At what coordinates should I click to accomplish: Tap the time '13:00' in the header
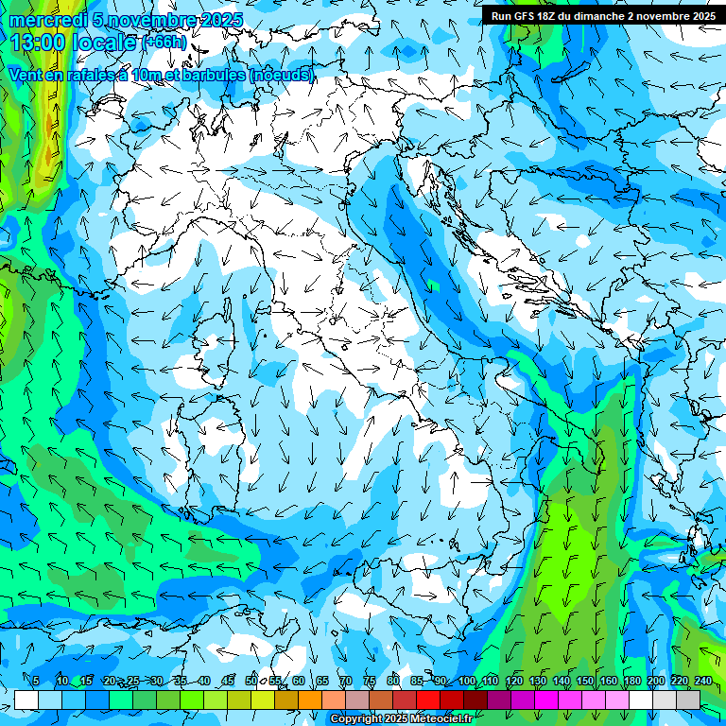tap(40, 43)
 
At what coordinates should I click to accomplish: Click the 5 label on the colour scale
tap(36, 681)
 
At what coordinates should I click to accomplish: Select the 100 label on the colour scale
tap(466, 681)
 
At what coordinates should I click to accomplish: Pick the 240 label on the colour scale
tap(703, 681)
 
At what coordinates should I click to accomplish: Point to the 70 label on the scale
tap(346, 681)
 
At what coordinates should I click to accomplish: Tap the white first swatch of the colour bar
tap(26, 700)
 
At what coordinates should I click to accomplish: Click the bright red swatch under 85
tap(428, 700)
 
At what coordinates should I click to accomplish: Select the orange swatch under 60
tap(310, 700)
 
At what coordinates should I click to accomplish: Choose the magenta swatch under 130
tap(546, 700)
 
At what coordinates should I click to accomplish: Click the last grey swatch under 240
tap(689, 700)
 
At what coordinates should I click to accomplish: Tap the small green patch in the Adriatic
tap(433, 285)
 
